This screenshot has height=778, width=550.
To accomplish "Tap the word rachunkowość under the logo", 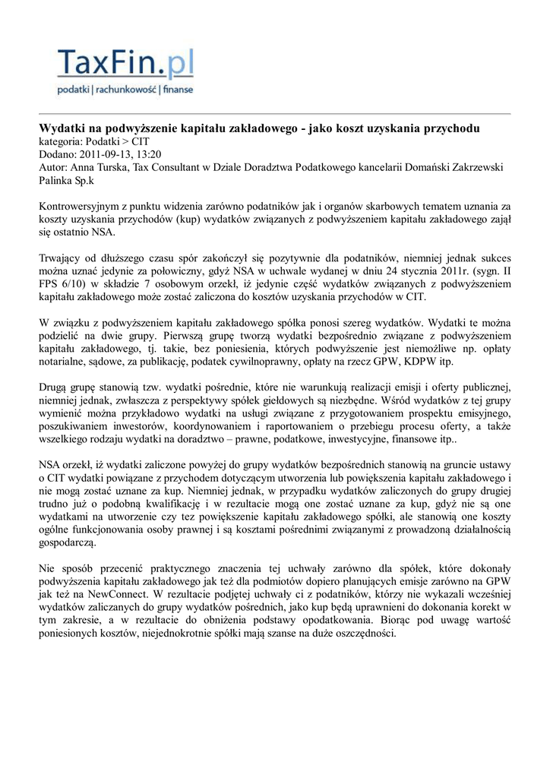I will pyautogui.click(x=125, y=90).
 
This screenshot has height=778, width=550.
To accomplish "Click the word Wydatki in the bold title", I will pyautogui.click(x=60, y=128).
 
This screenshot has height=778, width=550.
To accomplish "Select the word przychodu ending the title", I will pyautogui.click(x=452, y=128).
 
